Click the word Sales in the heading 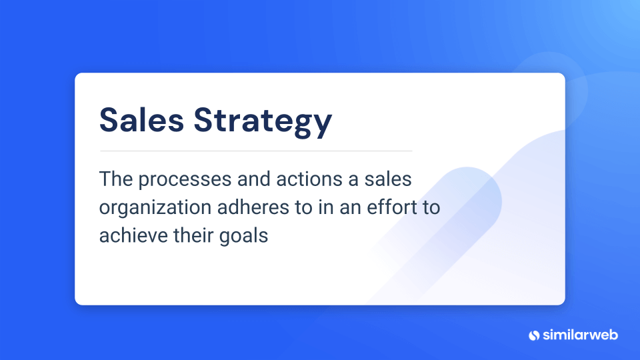point(141,120)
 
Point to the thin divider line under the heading point(256,151)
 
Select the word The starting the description point(116,179)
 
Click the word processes point(185,181)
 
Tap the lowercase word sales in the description point(388,179)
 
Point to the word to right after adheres point(304,207)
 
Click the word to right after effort point(431,207)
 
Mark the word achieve point(133,235)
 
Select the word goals point(244,237)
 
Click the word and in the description point(254,179)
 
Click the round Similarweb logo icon point(534,335)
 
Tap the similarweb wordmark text point(580,335)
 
